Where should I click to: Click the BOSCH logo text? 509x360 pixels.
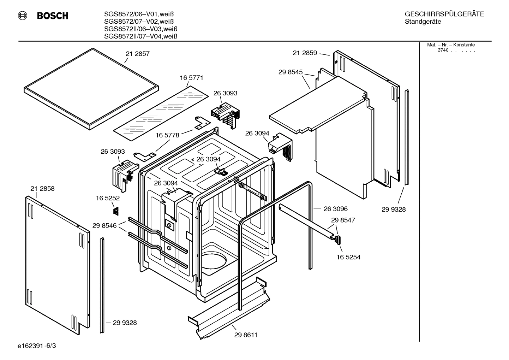[x=52, y=16]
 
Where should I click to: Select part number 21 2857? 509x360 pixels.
[x=137, y=54]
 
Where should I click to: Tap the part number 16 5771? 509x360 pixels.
[x=191, y=77]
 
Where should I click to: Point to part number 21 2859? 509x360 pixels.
[x=305, y=53]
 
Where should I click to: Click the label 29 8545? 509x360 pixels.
[x=290, y=72]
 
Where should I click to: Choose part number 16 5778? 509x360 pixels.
[x=167, y=135]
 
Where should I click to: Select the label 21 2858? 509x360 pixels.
[x=42, y=188]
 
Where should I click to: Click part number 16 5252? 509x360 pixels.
[x=108, y=198]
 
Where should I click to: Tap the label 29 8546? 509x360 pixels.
[x=104, y=225]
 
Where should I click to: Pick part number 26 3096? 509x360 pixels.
[x=335, y=209]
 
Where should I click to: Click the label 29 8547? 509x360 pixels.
[x=343, y=220]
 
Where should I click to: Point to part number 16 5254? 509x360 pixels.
[x=348, y=257]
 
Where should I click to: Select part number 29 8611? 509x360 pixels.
[x=246, y=335]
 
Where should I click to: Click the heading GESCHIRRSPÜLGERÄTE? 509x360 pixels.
[x=444, y=14]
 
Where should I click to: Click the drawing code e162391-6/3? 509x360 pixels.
[x=36, y=345]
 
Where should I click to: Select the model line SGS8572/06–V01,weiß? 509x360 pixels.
[x=139, y=14]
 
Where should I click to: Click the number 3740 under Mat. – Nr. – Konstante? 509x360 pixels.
[x=443, y=50]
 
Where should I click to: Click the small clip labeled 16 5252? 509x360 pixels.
[x=115, y=211]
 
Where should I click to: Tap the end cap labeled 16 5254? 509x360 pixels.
[x=337, y=240]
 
